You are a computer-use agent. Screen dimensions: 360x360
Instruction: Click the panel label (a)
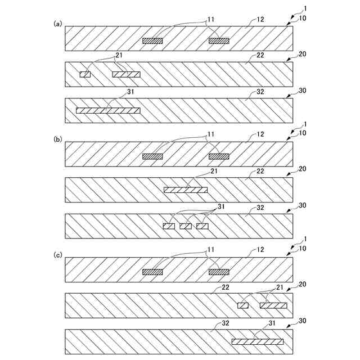coord(57,24)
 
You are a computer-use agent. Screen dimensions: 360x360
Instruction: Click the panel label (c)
coord(57,254)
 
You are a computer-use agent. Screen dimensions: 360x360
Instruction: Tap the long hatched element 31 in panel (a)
coord(107,110)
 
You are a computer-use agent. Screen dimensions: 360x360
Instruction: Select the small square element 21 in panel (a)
coord(85,74)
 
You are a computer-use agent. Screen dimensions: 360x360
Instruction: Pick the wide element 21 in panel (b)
coord(185,190)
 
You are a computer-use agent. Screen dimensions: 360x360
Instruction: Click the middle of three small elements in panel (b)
coord(186,226)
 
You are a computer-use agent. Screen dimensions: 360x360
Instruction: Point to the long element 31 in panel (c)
coord(257,341)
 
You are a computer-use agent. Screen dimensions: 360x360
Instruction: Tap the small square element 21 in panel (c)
coord(243,305)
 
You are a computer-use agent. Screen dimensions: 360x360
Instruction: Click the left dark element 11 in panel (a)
coord(152,40)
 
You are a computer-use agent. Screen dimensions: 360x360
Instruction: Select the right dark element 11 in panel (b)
coord(219,156)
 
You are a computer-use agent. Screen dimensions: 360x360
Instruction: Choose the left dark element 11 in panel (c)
coord(152,272)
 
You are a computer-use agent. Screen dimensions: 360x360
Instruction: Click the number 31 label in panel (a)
coord(130,91)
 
